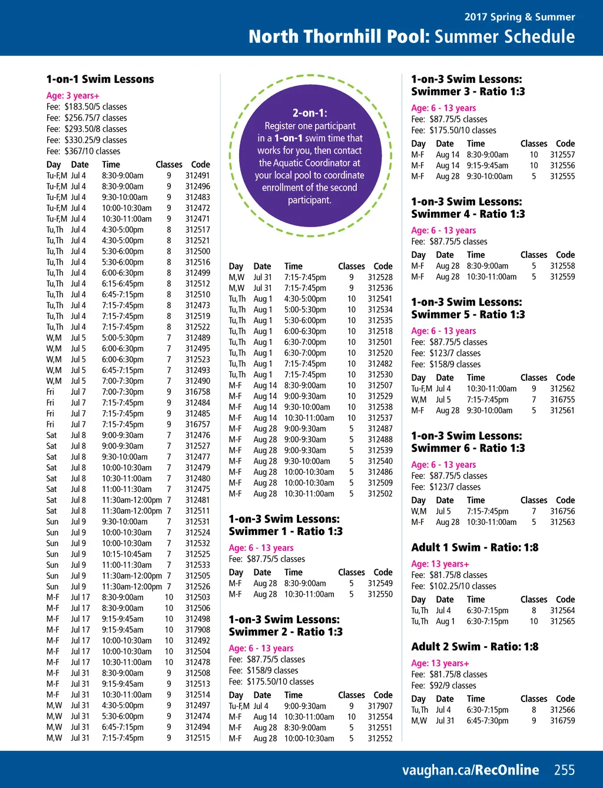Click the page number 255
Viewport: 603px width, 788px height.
click(x=564, y=770)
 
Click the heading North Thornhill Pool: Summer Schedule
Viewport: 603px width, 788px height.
click(x=412, y=36)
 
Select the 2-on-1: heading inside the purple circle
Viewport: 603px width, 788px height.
click(x=310, y=113)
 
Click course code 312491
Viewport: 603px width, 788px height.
click(x=197, y=175)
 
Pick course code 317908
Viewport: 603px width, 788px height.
click(x=197, y=630)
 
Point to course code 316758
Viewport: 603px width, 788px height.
click(x=197, y=392)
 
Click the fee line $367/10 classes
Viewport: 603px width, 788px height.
click(x=84, y=151)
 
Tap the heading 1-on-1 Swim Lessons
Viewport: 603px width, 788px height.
click(x=100, y=79)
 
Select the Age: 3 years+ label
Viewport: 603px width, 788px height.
click(x=73, y=96)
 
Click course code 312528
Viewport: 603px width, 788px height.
click(x=380, y=277)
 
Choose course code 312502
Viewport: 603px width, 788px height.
click(x=380, y=494)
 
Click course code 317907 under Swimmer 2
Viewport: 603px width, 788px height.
click(x=380, y=706)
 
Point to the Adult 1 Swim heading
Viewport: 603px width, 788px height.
click(x=475, y=547)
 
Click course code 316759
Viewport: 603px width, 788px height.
click(x=562, y=720)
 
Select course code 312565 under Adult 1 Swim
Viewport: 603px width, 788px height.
click(x=562, y=621)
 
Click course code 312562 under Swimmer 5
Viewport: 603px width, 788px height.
click(x=562, y=388)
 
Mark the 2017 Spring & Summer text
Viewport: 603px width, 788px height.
click(x=519, y=17)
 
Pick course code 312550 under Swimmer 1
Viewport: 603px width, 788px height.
click(x=380, y=594)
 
